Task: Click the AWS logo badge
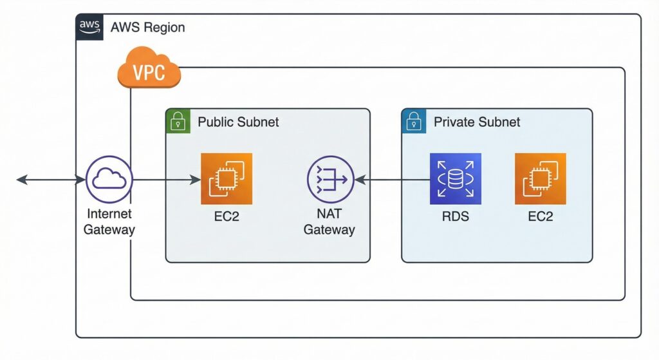89,26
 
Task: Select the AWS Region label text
147,27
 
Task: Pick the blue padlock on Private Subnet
413,120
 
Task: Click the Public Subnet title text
238,122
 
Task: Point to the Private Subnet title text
477,122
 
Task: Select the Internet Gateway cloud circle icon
109,180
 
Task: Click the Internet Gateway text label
109,222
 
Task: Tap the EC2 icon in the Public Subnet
227,179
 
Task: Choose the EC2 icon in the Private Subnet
541,179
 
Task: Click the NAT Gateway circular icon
330,180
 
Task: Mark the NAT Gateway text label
329,222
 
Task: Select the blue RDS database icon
456,179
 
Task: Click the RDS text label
456,216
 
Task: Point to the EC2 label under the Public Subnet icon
227,216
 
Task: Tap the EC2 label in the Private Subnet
541,216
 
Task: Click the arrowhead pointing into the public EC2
196,180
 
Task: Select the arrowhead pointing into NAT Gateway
359,180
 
